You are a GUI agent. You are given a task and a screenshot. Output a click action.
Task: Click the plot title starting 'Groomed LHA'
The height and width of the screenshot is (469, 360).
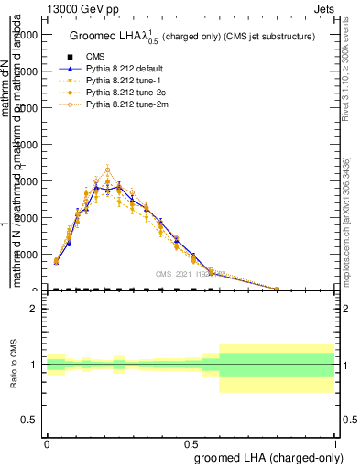click(x=192, y=36)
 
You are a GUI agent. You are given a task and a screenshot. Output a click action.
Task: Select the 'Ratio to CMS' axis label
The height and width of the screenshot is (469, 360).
click(x=14, y=365)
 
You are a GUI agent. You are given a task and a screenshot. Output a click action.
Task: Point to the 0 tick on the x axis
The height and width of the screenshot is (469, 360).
click(x=47, y=441)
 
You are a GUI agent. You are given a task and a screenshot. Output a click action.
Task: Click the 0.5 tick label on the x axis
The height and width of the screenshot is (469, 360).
click(x=191, y=441)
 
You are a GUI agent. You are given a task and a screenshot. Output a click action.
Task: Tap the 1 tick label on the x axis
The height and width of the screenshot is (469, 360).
click(x=335, y=441)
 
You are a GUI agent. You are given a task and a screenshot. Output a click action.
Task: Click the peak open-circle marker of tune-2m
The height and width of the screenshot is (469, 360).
click(x=107, y=169)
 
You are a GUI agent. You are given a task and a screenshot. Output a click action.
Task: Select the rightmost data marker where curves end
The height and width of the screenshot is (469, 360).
click(x=277, y=289)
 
